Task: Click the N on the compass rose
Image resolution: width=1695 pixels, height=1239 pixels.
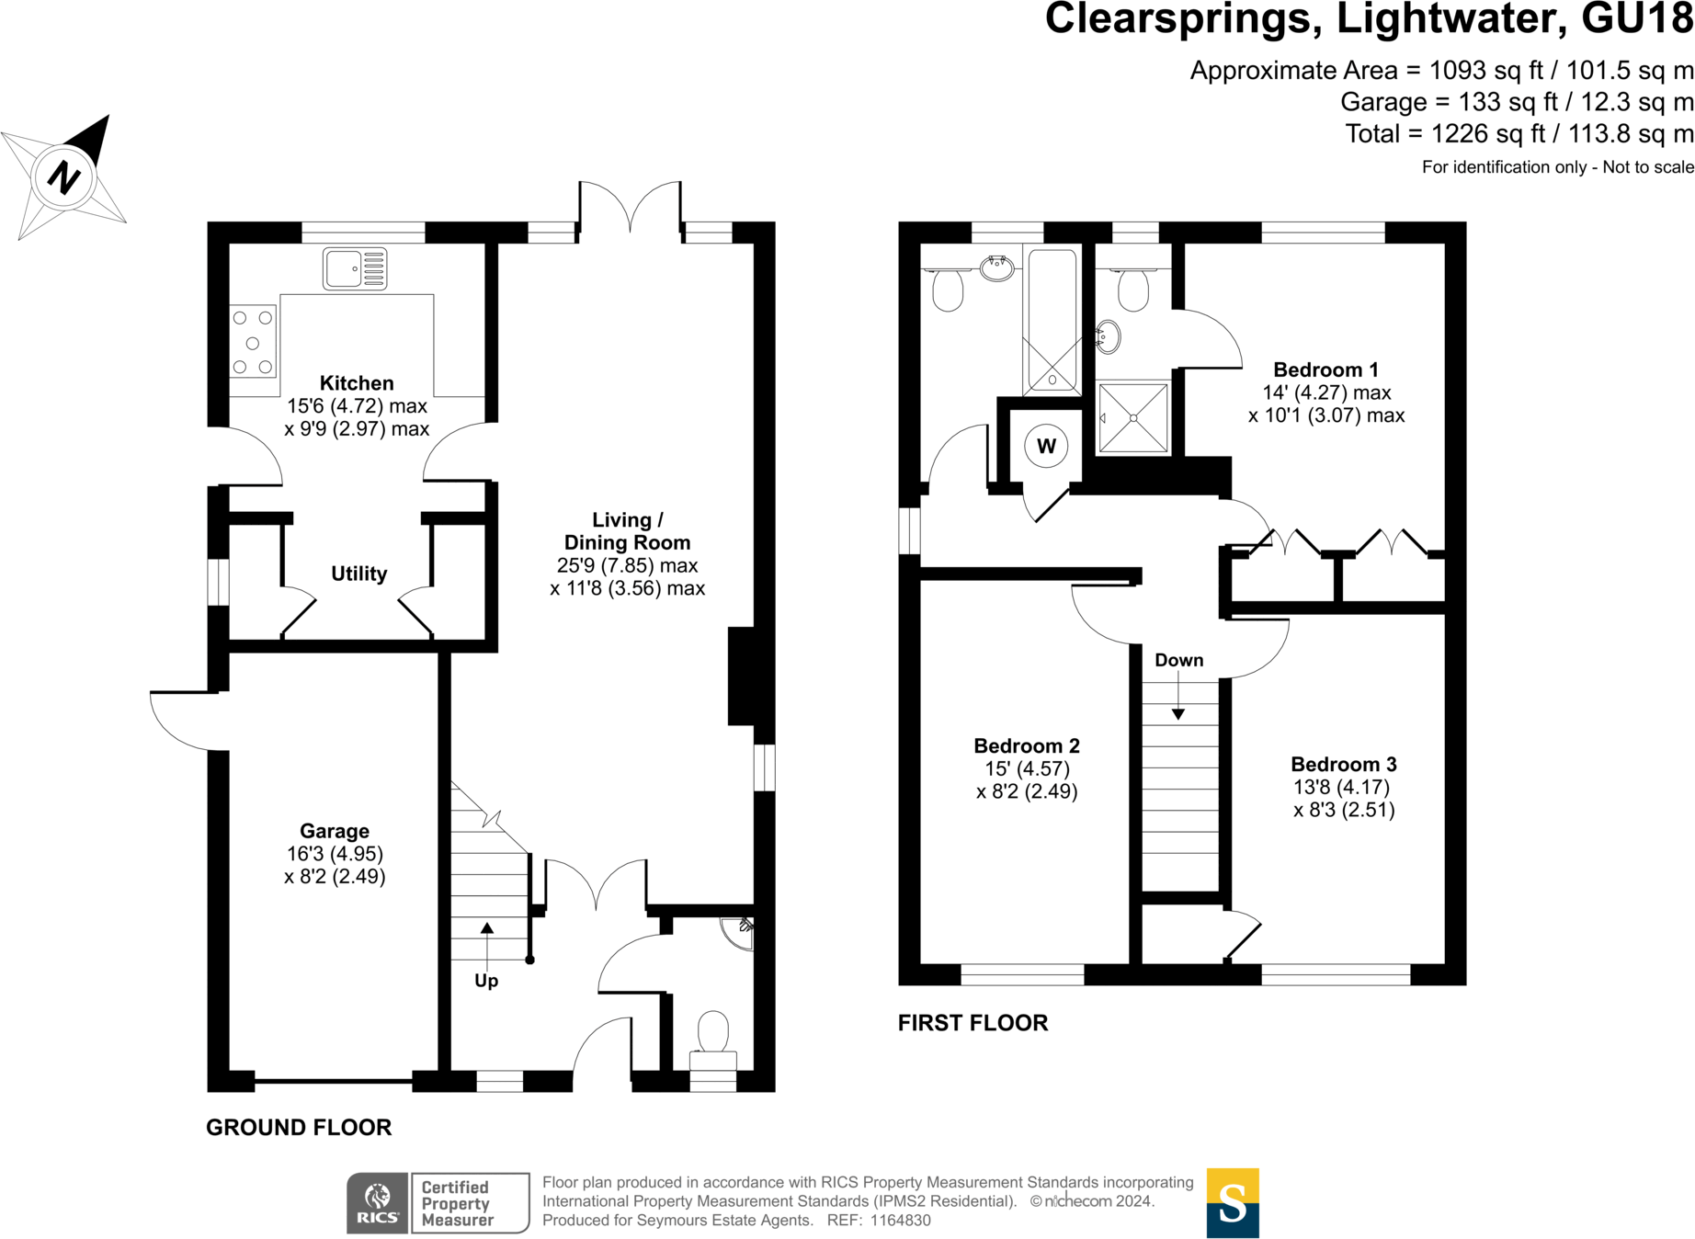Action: tap(63, 176)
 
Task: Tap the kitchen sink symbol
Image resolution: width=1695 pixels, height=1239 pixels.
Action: tap(355, 268)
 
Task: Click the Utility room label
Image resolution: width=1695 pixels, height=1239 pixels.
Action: tap(358, 574)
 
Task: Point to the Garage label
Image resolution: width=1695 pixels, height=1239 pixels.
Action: tap(335, 831)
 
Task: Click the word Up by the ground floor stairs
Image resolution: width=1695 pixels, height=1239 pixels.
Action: tap(486, 981)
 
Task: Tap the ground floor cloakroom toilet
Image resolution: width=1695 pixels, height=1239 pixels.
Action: tap(713, 1033)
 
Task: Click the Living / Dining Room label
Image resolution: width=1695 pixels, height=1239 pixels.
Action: tap(627, 531)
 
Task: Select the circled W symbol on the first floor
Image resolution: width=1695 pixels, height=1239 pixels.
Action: tap(1046, 447)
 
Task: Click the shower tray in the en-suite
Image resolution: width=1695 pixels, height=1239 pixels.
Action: tap(1133, 418)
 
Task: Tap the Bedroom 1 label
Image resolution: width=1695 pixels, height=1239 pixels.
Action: tap(1325, 369)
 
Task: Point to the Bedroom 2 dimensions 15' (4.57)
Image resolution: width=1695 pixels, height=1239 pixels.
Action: tap(1026, 768)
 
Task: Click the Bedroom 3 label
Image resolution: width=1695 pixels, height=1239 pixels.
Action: tap(1343, 764)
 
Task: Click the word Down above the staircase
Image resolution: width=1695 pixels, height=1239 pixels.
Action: tap(1178, 660)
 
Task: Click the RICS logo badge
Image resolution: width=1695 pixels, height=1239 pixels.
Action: tap(377, 1203)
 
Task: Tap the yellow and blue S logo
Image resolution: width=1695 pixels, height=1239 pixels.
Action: tap(1232, 1203)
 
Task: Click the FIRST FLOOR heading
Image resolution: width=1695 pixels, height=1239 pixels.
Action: tap(973, 1023)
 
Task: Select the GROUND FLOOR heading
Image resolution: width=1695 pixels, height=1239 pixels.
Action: tap(299, 1128)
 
